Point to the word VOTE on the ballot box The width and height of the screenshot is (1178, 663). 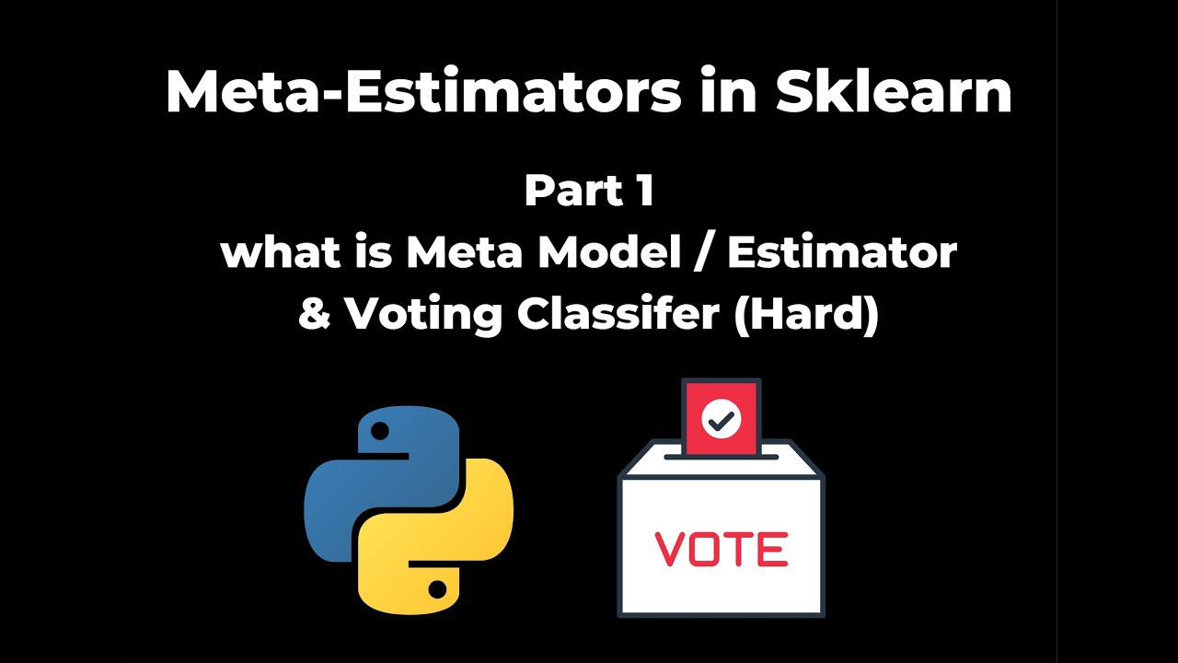[x=722, y=550]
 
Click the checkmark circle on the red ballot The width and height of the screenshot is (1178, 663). [x=721, y=420]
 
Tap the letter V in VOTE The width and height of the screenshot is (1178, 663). [x=669, y=550]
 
